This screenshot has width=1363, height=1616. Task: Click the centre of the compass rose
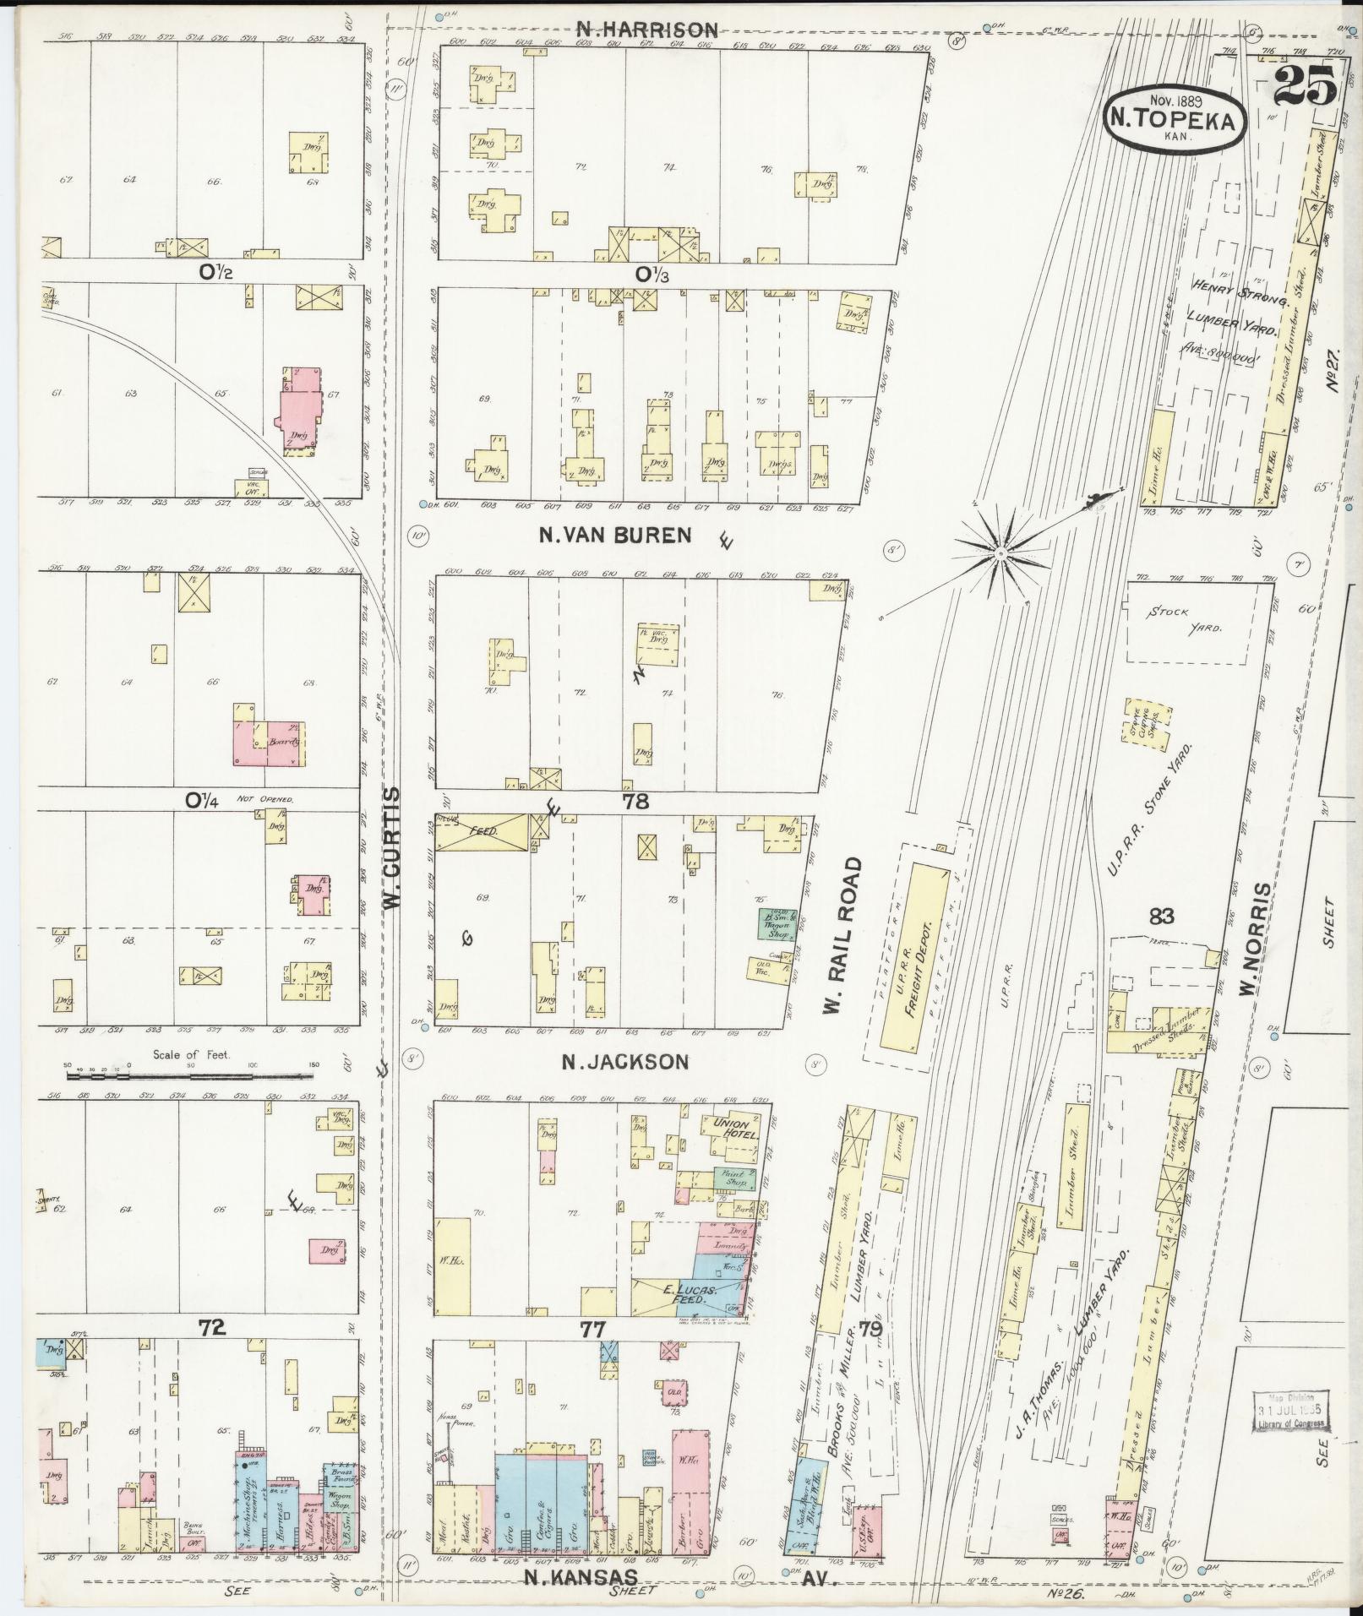click(1000, 552)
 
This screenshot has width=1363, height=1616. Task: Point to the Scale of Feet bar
click(190, 1077)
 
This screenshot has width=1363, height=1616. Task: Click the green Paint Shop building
click(733, 1178)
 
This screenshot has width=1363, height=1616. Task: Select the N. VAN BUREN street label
click(614, 534)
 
